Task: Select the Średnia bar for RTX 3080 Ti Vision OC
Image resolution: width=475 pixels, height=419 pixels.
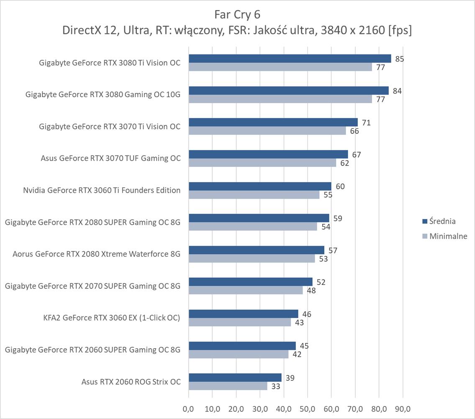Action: point(290,59)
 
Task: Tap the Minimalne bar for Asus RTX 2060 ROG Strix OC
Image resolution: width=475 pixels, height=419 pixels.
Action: point(228,386)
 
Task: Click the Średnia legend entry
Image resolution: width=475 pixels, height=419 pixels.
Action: point(442,221)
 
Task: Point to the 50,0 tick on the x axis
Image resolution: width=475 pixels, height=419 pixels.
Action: point(307,407)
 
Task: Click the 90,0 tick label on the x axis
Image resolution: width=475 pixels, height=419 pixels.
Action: point(402,407)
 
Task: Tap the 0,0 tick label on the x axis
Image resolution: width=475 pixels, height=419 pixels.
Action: point(188,407)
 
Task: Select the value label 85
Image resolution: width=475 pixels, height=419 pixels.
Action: point(400,59)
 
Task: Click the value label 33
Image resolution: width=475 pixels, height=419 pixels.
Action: point(276,386)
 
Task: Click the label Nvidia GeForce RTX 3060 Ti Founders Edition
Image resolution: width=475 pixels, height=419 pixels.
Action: point(102,190)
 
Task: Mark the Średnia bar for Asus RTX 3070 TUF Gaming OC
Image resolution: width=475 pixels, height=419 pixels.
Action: point(268,154)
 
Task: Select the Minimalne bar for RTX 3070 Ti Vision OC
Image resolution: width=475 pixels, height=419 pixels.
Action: point(267,131)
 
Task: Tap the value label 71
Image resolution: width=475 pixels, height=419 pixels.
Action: point(366,123)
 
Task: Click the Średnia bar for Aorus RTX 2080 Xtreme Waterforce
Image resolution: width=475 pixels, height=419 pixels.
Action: point(256,250)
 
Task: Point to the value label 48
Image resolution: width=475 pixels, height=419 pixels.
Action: point(311,290)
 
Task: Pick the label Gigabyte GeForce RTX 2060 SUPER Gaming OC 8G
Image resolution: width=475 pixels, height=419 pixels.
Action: point(92,349)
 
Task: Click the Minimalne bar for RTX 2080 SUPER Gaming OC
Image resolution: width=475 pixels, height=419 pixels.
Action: point(253,226)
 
